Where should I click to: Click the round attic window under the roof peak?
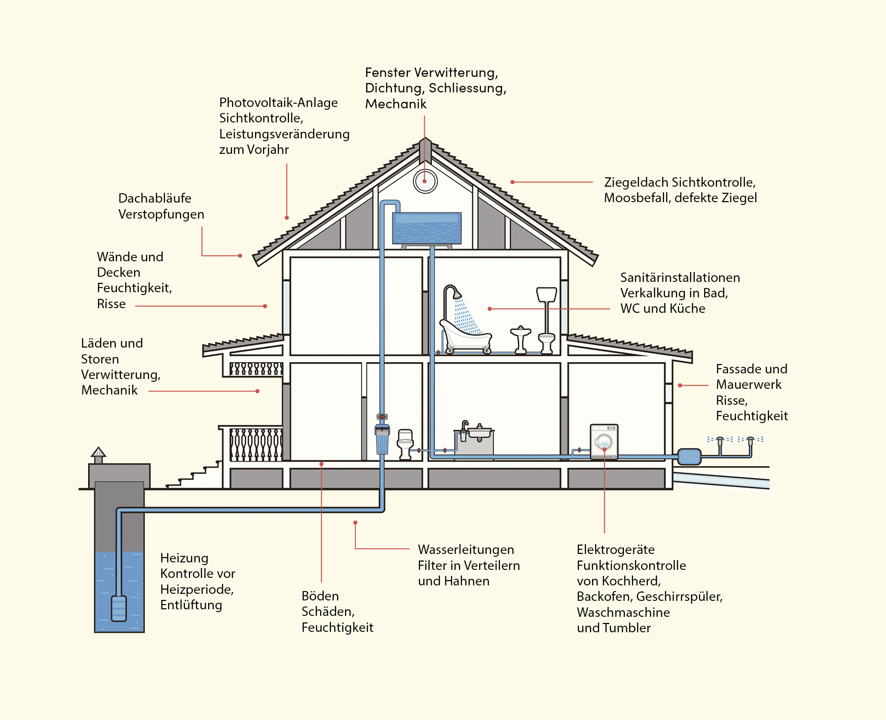(x=425, y=181)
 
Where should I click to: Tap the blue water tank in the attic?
(x=427, y=228)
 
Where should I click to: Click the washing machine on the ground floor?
(x=604, y=441)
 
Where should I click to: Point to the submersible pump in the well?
(x=119, y=608)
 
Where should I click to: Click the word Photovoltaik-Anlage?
(x=278, y=103)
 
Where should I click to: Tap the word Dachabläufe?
(x=155, y=198)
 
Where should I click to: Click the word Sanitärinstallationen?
(x=680, y=278)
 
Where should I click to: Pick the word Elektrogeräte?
(x=616, y=550)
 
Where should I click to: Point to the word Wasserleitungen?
(x=466, y=550)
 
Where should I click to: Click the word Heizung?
(x=184, y=558)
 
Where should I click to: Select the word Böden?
(x=320, y=596)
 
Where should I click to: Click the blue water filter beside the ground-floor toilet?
(x=383, y=440)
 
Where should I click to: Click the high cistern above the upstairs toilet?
(x=547, y=295)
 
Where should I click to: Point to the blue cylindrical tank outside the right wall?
(x=689, y=456)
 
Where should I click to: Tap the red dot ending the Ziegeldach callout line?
(x=512, y=182)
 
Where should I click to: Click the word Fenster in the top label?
(x=388, y=73)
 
